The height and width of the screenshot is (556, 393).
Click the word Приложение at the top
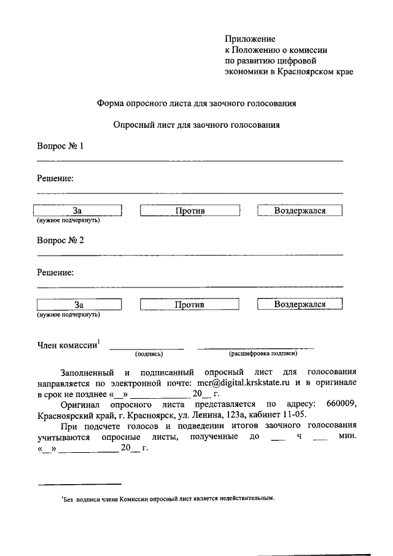click(x=250, y=39)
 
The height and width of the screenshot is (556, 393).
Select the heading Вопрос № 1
click(x=60, y=146)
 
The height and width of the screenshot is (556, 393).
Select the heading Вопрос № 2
click(x=60, y=240)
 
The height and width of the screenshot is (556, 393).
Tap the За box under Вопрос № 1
click(x=77, y=211)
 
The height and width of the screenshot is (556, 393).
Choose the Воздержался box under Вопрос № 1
click(x=300, y=211)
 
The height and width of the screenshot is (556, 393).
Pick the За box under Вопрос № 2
click(x=78, y=304)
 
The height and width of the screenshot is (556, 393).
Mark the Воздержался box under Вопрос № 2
click(x=300, y=304)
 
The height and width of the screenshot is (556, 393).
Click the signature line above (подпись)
click(x=147, y=348)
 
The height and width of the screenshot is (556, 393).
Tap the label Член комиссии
click(x=68, y=345)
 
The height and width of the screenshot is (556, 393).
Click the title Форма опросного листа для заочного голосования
click(x=197, y=104)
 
